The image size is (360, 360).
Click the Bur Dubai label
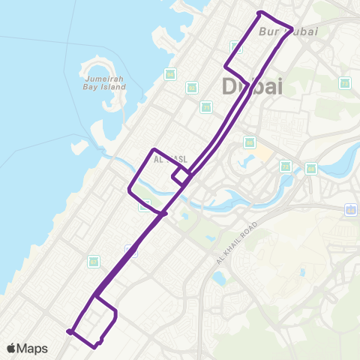(278, 31)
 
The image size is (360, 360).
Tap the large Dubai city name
(253, 86)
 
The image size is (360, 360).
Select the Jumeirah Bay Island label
(103, 82)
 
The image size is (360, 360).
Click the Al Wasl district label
(169, 160)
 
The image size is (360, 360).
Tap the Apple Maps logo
(28, 348)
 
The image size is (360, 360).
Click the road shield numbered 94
(170, 73)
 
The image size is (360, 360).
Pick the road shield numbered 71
(206, 107)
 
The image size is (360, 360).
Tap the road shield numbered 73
(285, 166)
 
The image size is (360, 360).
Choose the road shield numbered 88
(250, 142)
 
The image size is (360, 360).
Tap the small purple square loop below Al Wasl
(181, 175)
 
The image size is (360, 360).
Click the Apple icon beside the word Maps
(12, 348)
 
